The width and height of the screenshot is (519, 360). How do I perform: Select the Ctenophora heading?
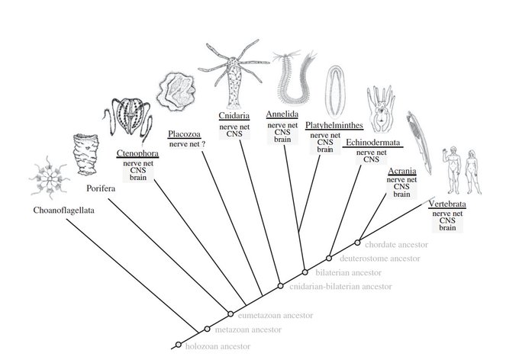click(x=137, y=153)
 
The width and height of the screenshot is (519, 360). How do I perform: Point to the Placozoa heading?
click(x=186, y=133)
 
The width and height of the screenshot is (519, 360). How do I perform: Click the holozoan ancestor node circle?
click(x=179, y=344)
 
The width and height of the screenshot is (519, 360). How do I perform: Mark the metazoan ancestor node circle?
click(x=207, y=329)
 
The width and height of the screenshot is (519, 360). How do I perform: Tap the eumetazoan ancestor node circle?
click(x=230, y=313)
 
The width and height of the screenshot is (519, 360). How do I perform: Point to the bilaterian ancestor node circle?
click(x=305, y=272)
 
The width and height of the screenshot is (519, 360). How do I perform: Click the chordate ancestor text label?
click(x=400, y=245)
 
